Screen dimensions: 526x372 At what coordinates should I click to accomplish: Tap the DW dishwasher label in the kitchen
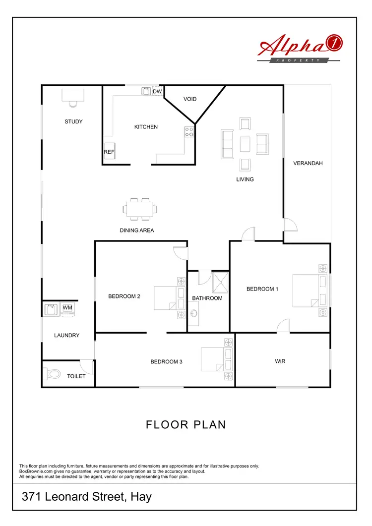(157, 92)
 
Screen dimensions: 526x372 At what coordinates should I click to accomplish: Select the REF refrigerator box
(109, 153)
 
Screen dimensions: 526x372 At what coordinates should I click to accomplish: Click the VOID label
(190, 99)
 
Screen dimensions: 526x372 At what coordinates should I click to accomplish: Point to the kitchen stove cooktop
(189, 131)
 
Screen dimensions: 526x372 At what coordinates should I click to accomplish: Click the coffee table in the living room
(245, 144)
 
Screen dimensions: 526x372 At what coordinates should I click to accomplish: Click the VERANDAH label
(308, 163)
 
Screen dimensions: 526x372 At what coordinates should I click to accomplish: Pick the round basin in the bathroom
(193, 314)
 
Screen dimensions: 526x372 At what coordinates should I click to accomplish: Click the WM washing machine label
(67, 308)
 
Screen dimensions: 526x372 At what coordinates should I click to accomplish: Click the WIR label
(280, 361)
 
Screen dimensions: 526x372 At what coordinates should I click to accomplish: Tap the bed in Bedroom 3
(217, 360)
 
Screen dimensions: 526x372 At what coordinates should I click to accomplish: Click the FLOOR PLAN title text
(186, 425)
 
